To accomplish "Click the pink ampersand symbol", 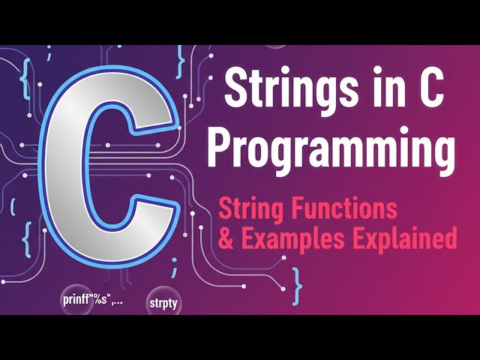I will pyautogui.click(x=223, y=238).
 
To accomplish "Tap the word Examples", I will pyautogui.click(x=286, y=238).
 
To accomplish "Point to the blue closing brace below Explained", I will pyautogui.click(x=299, y=280).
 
